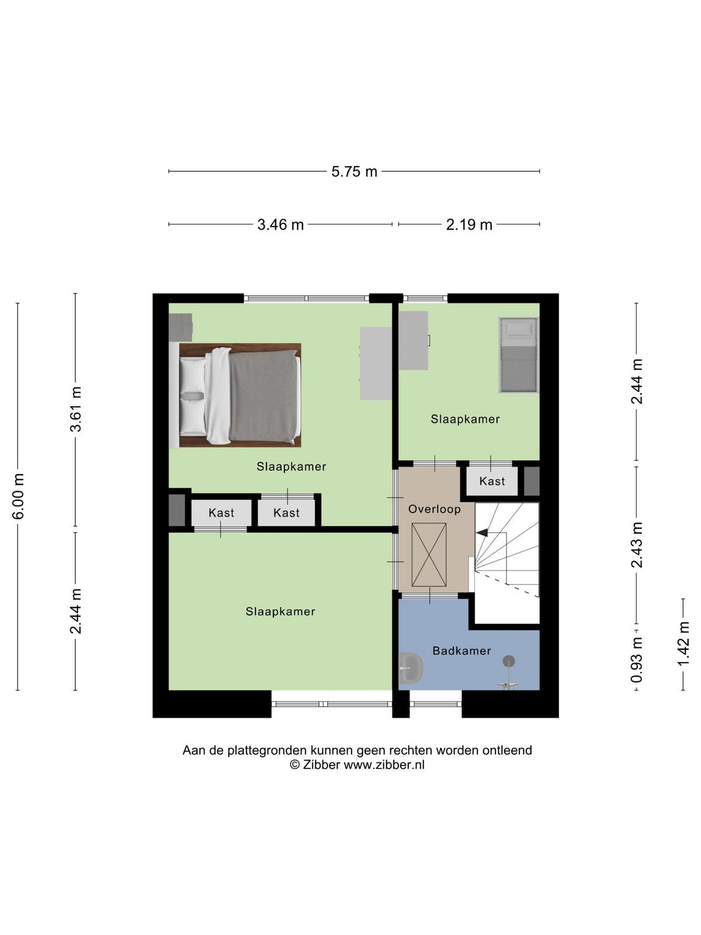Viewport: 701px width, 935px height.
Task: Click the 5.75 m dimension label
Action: click(x=354, y=172)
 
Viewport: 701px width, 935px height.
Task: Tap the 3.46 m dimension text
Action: click(x=280, y=224)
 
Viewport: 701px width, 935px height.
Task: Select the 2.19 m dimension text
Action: click(x=469, y=224)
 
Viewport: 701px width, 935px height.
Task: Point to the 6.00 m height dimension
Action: click(x=18, y=496)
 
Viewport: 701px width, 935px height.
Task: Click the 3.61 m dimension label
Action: click(x=76, y=409)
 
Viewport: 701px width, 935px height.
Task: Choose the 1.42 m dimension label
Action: click(x=683, y=643)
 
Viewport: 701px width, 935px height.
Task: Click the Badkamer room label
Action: click(x=462, y=651)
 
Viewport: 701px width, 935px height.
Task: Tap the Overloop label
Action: click(x=434, y=509)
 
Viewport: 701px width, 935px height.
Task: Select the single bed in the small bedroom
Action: click(x=518, y=354)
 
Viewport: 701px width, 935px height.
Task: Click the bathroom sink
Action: click(x=411, y=667)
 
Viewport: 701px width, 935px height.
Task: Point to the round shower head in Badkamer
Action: click(x=509, y=661)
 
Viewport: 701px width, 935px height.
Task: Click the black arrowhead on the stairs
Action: click(x=482, y=532)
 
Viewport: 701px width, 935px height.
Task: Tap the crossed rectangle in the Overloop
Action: click(x=429, y=555)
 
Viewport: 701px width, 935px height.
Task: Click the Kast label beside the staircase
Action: click(x=492, y=482)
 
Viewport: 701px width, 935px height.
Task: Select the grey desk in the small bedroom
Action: click(x=413, y=340)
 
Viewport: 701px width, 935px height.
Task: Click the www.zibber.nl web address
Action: click(x=384, y=764)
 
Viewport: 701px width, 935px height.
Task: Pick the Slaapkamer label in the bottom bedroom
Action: click(x=280, y=612)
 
